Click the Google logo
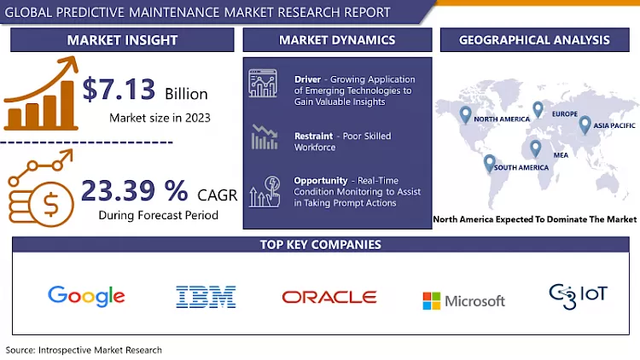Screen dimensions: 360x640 (86, 296)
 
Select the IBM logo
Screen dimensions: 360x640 (206, 297)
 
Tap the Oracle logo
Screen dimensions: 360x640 (329, 297)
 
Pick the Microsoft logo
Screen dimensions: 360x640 (463, 300)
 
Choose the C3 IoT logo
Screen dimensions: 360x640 (578, 295)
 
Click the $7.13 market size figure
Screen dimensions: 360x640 (119, 90)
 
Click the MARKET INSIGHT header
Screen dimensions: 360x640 (122, 40)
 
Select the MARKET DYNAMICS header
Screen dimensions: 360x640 (337, 40)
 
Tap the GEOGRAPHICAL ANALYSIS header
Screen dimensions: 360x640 (533, 40)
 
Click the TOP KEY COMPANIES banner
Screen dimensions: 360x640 (319, 245)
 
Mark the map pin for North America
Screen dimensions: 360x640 (465, 114)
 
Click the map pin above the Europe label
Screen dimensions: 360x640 (538, 109)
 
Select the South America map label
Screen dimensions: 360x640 (521, 167)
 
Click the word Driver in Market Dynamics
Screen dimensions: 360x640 (307, 79)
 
